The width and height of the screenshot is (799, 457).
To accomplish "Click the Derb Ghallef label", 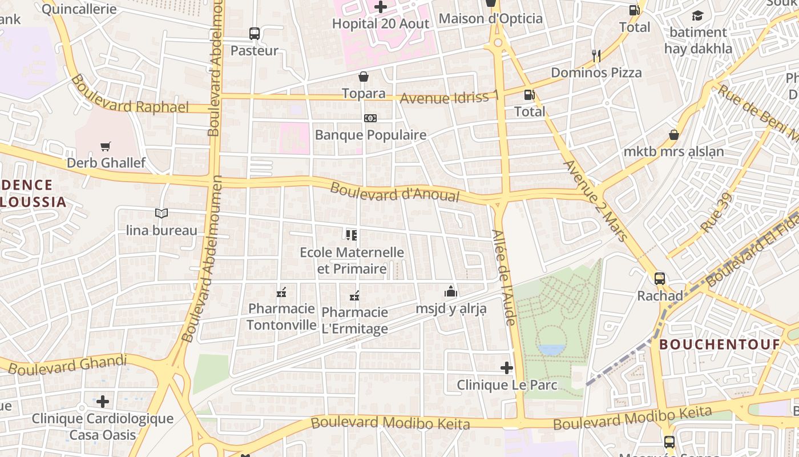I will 106,163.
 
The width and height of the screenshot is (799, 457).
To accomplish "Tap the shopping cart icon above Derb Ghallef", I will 105,147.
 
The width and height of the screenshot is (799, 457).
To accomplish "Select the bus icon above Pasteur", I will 255,34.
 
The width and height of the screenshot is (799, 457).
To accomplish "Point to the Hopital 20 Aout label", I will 381,23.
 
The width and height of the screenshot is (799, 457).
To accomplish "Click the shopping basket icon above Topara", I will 364,77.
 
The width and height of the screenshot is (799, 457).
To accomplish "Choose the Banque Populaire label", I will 370,135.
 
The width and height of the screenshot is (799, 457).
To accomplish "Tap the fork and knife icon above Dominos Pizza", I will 596,55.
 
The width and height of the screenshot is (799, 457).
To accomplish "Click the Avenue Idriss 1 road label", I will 449,97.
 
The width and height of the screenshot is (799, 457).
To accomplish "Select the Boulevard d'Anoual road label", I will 395,192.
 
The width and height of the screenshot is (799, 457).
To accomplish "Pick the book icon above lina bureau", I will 162,214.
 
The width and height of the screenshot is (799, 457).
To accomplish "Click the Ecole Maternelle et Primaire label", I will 352,260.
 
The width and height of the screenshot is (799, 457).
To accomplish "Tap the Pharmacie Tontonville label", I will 281,316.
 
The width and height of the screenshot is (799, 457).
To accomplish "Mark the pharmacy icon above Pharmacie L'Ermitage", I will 354,296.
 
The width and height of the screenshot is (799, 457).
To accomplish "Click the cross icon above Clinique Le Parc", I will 507,368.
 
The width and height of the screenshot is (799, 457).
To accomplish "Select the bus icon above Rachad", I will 660,279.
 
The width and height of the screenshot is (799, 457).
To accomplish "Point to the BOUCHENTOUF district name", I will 720,344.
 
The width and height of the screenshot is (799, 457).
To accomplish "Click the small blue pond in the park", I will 551,350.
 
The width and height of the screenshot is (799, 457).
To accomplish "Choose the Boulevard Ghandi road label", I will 67,364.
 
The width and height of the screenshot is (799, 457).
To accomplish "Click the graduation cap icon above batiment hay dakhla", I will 697,15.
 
